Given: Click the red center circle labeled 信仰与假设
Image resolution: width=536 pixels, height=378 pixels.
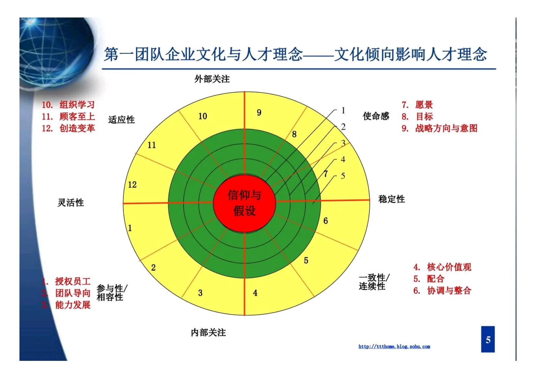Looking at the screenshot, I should (244, 203).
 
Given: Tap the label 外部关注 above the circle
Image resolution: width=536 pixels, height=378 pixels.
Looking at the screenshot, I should (212, 79).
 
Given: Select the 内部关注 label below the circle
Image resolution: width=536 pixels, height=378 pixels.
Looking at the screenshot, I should (208, 332).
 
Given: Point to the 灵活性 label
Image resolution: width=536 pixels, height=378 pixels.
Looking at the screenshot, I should (71, 203).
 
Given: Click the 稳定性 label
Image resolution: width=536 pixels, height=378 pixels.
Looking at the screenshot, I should (392, 199).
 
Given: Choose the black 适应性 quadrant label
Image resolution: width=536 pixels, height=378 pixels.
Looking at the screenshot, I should (121, 120).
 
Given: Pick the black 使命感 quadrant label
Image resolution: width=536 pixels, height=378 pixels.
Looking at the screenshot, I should (376, 116).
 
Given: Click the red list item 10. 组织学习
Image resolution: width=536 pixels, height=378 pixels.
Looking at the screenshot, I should (68, 105).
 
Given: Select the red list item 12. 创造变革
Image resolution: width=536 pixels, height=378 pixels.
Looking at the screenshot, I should (68, 128).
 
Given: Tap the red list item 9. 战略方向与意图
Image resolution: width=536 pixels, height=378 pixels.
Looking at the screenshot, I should (439, 128).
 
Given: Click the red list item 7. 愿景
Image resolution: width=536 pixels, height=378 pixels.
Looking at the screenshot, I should (417, 105).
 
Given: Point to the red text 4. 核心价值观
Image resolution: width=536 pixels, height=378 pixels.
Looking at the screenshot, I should (442, 267).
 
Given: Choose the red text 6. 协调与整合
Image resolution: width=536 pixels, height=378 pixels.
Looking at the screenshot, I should (442, 291).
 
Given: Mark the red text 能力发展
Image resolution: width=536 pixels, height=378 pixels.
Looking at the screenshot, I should (73, 305).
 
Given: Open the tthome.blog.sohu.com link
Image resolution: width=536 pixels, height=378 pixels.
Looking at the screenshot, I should (394, 347).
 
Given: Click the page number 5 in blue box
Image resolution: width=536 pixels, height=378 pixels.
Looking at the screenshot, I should (488, 339).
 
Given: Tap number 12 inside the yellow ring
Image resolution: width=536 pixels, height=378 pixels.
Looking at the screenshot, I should (132, 185).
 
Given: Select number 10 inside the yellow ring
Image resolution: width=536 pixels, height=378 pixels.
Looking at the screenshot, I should (203, 116).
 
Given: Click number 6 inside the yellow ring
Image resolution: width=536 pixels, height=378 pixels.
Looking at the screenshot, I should (326, 221).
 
